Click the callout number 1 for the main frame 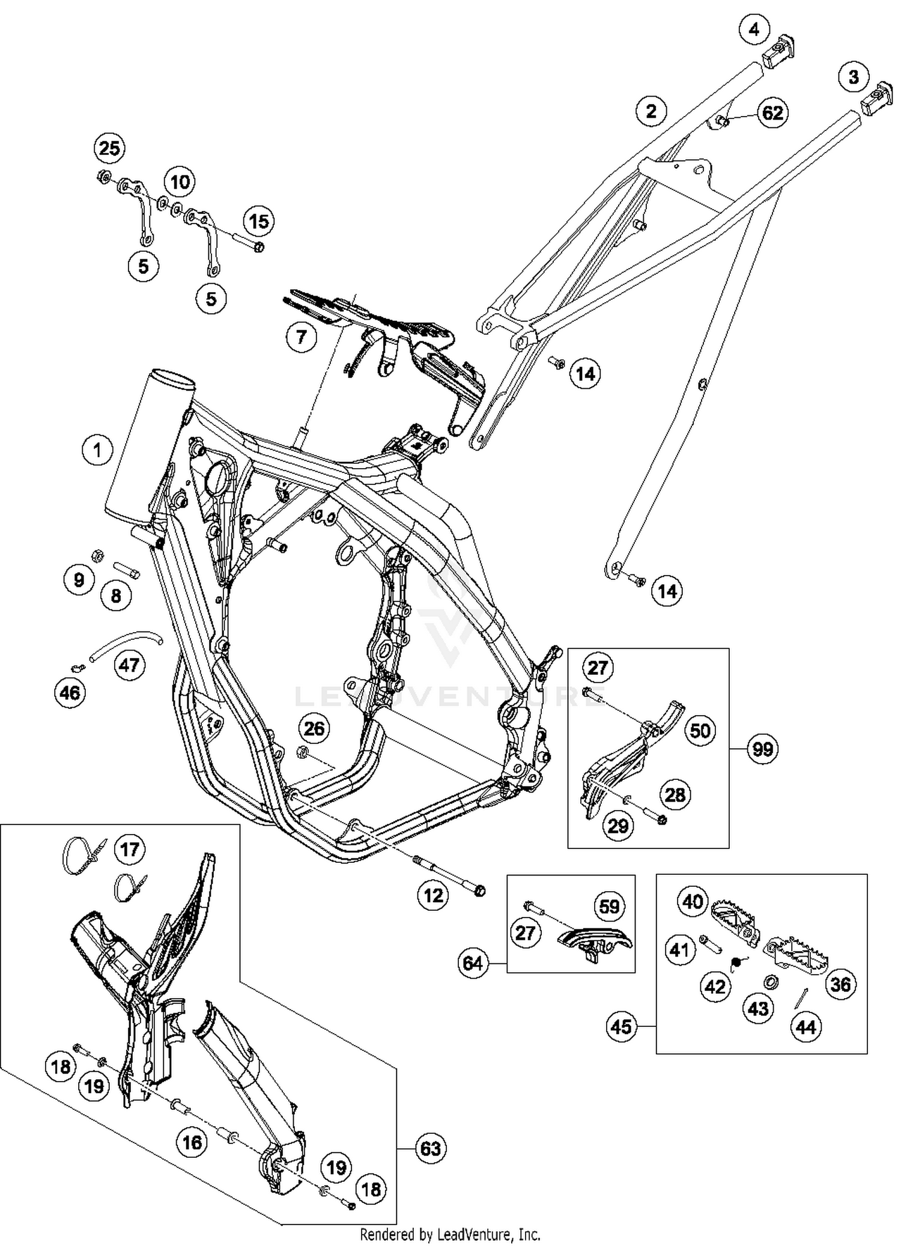(x=97, y=449)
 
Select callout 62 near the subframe (x=772, y=113)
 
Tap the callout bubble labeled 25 (x=109, y=148)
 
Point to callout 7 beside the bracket (x=301, y=337)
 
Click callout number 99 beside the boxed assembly (x=762, y=749)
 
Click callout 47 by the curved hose (x=129, y=665)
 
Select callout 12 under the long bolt (x=432, y=896)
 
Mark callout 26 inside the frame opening (x=314, y=729)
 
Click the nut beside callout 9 (x=95, y=553)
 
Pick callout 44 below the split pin (x=805, y=1027)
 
